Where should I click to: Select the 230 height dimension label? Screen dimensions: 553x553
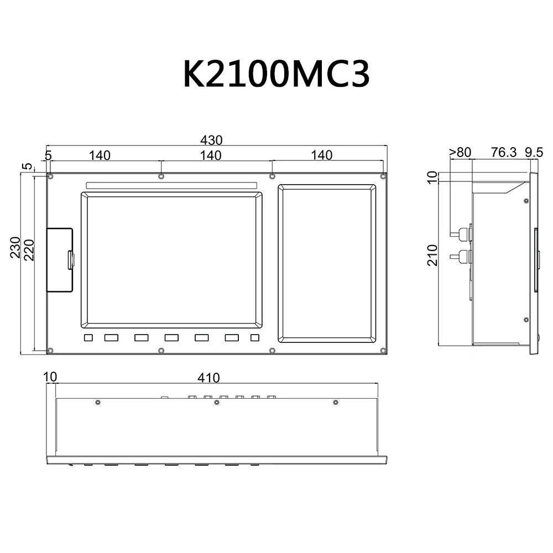click(15, 247)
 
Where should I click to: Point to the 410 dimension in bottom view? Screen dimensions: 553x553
click(209, 378)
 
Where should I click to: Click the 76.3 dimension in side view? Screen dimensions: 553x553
click(503, 153)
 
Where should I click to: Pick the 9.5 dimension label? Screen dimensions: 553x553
click(534, 153)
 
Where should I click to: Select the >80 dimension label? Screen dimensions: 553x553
click(460, 153)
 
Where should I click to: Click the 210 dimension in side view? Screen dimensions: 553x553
click(432, 255)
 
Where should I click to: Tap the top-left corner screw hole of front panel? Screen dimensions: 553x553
click(50, 176)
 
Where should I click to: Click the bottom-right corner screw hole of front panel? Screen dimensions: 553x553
click(383, 350)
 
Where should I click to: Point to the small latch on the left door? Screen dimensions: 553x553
click(71, 260)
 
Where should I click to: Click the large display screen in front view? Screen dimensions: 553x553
click(171, 260)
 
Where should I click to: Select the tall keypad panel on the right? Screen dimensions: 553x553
click(326, 264)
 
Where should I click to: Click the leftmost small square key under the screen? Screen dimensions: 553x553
click(88, 337)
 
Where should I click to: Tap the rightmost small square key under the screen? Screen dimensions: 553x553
click(254, 337)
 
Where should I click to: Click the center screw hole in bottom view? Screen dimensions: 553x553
click(216, 402)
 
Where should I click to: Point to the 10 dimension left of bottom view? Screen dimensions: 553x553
click(50, 377)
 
